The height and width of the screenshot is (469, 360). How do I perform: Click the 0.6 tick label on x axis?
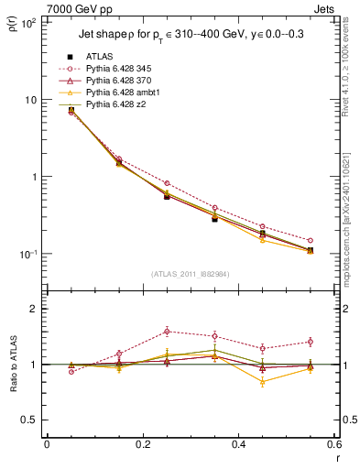tap(333, 445)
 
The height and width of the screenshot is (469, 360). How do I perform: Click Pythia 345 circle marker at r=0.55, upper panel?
tap(310, 241)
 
